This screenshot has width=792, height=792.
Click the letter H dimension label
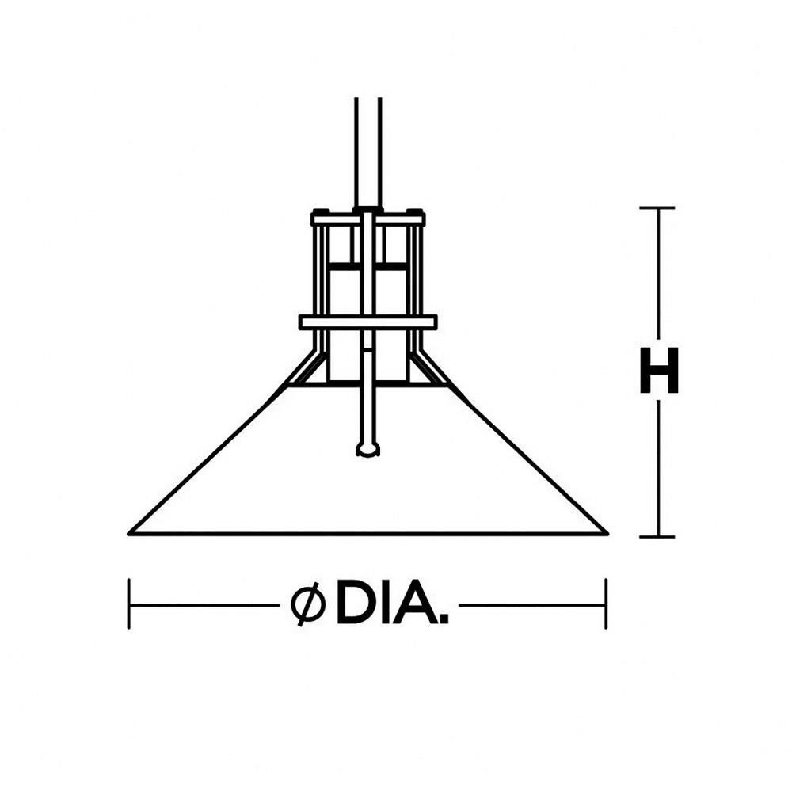659,370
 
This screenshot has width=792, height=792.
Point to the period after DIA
444,619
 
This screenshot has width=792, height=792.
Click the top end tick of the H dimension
657,208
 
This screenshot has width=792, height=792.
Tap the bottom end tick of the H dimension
657,536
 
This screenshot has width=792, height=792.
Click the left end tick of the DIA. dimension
129,604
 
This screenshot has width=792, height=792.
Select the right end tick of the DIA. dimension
606,604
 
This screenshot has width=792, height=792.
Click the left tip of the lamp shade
129,533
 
